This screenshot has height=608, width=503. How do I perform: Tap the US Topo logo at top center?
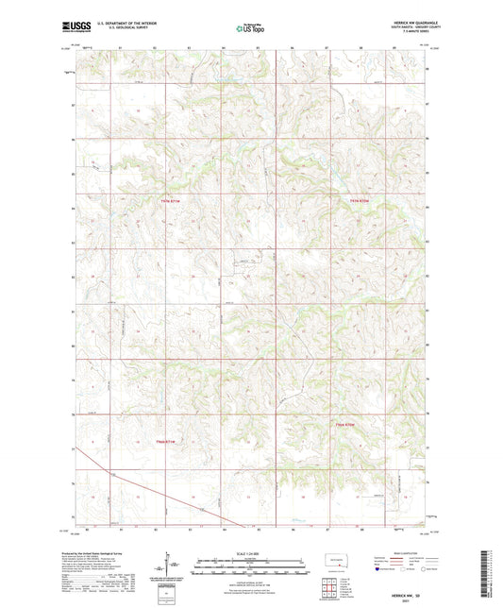tap(249, 28)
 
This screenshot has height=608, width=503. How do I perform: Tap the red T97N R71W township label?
tap(168, 199)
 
